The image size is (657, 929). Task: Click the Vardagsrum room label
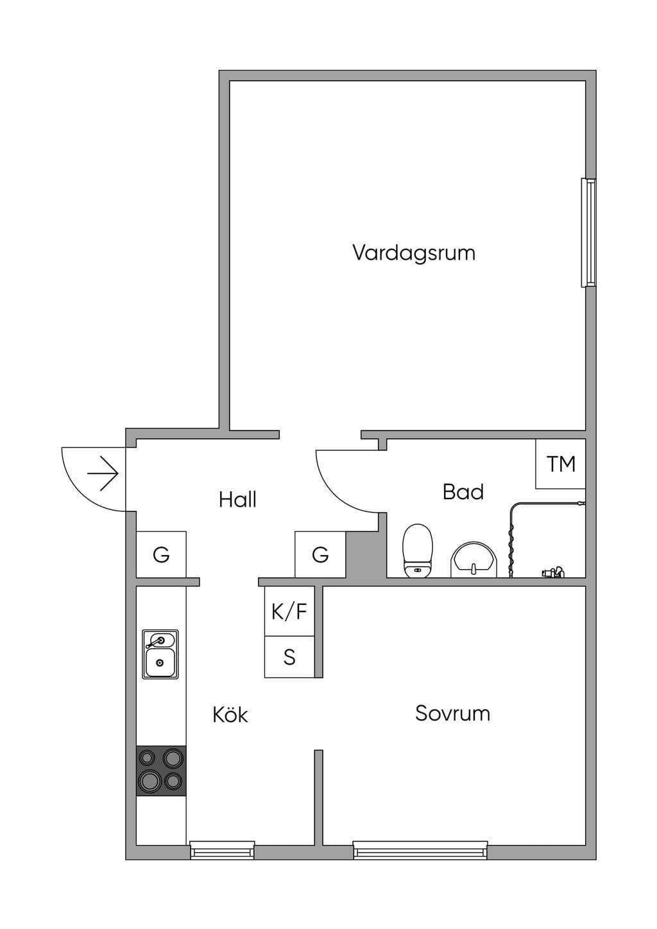click(x=414, y=253)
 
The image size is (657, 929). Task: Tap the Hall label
click(x=237, y=499)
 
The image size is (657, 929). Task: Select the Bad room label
click(x=463, y=492)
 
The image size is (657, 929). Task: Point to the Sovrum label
click(x=452, y=713)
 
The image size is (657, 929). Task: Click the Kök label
click(x=230, y=714)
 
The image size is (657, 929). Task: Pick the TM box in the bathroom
click(x=560, y=464)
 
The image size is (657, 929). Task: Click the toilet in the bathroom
click(x=418, y=550)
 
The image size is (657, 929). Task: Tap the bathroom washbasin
click(x=474, y=559)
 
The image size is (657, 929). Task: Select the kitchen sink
click(x=160, y=654)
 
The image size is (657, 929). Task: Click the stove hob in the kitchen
click(x=161, y=771)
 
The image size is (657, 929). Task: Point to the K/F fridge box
click(x=289, y=611)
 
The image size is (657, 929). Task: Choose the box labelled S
click(x=289, y=657)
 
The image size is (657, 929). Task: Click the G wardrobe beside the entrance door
click(x=161, y=554)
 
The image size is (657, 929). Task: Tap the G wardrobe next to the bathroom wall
click(x=320, y=554)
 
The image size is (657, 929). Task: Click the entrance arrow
click(x=103, y=473)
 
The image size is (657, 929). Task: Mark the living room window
click(x=588, y=233)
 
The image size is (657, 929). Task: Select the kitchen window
click(x=222, y=850)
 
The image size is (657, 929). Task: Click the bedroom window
click(x=420, y=850)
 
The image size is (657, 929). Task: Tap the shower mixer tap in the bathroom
click(x=553, y=573)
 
